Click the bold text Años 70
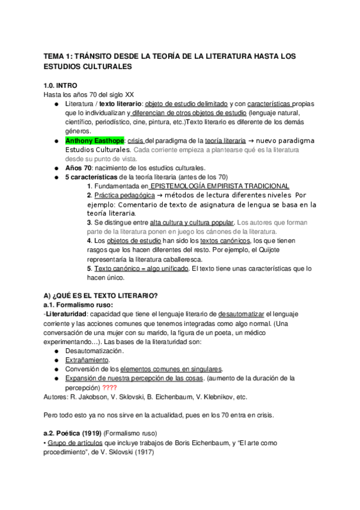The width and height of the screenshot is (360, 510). click(77, 168)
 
